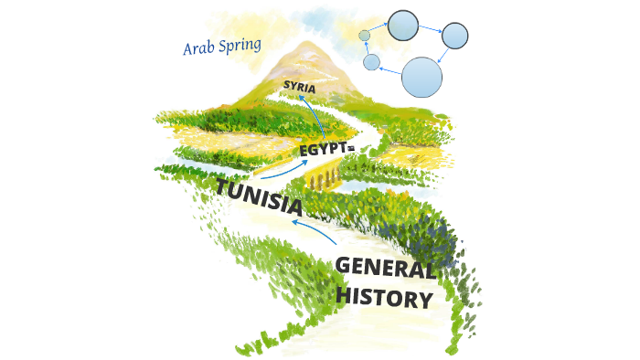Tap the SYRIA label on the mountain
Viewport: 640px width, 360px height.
[x=299, y=88]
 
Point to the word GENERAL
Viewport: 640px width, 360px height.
[x=384, y=268]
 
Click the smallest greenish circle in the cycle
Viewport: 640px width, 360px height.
[x=365, y=36]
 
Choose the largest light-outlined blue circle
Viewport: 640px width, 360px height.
[x=421, y=77]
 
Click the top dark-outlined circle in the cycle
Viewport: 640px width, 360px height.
[x=402, y=25]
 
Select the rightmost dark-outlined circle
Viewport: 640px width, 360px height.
[x=454, y=36]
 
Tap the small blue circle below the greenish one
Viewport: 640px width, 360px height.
[x=371, y=62]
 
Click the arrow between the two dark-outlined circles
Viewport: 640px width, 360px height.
[x=430, y=29]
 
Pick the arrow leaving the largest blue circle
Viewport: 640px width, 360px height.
[x=390, y=70]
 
